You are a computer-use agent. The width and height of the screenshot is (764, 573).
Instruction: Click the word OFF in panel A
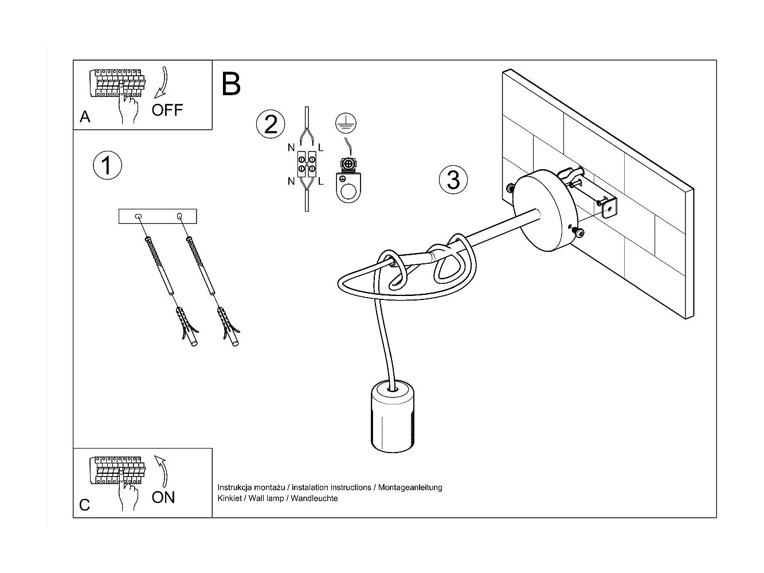pos(167,110)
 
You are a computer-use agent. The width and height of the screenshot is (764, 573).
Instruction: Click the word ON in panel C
pos(163,497)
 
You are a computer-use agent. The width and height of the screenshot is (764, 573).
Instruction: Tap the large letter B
pos(230,84)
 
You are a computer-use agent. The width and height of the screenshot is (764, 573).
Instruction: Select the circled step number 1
pos(107,165)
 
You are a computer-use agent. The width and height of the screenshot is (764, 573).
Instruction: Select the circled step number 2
pos(271,124)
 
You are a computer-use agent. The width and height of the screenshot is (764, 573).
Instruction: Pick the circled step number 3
pos(453,180)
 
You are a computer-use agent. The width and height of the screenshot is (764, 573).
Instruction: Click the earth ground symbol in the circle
pos(346,122)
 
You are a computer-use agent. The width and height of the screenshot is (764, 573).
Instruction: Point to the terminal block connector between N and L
pos(307,164)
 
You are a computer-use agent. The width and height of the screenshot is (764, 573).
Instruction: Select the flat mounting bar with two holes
pos(158,216)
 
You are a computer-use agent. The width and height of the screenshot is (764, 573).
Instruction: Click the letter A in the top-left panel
pos(85,117)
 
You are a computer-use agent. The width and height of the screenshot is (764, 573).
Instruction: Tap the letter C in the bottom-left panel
pos(85,505)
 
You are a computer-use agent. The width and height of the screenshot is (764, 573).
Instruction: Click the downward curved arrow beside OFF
pos(162,81)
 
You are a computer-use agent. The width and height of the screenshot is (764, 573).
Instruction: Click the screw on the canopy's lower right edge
pos(579,232)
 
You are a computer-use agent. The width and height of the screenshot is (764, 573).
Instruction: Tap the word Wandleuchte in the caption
pos(314,498)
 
